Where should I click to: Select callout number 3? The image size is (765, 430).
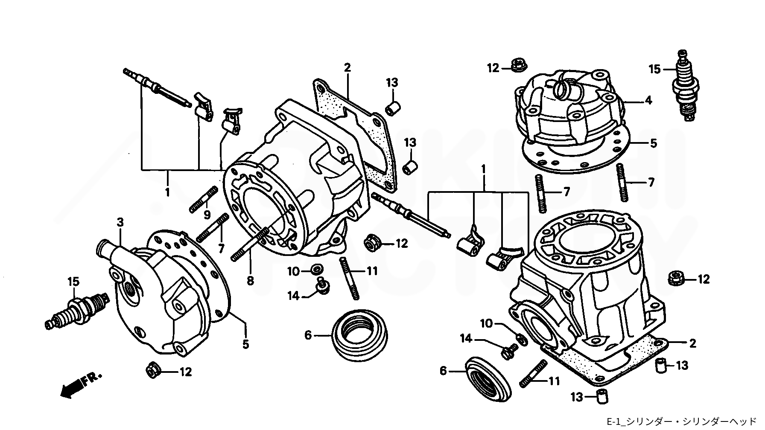(x=120, y=223)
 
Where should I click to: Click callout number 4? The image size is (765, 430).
(x=648, y=101)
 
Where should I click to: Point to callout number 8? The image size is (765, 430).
(x=250, y=280)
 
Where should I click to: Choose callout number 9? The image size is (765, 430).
(x=207, y=214)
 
